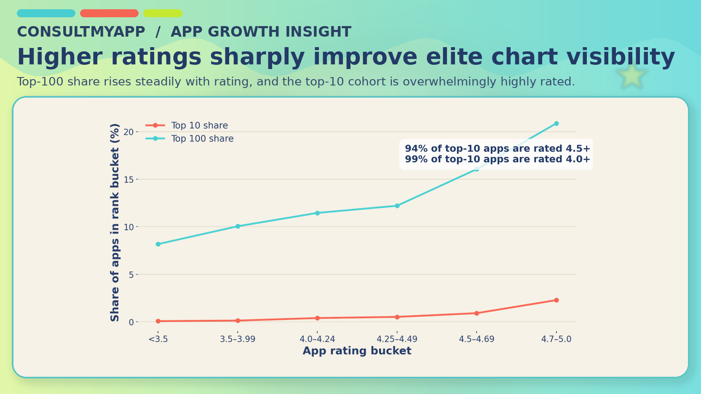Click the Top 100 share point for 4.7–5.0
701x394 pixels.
[556, 124]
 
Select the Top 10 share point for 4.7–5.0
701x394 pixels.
[556, 300]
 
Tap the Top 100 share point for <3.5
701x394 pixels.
[158, 244]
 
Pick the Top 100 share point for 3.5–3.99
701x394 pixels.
[238, 226]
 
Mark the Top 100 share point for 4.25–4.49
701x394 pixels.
[397, 206]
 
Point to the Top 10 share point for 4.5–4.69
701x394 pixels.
[476, 313]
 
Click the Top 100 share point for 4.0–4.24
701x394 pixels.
[317, 213]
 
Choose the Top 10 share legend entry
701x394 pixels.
[199, 125]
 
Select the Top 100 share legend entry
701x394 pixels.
[202, 138]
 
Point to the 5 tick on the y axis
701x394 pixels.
[131, 274]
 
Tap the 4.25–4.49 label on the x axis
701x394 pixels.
[397, 339]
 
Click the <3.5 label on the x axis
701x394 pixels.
[158, 339]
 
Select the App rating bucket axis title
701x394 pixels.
[357, 351]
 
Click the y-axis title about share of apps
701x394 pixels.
[115, 222]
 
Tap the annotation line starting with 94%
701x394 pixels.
[497, 149]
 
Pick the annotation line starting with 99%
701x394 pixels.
[497, 159]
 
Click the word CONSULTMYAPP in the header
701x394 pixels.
[81, 32]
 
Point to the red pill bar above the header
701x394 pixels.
[109, 13]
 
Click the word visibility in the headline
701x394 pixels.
[621, 57]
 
